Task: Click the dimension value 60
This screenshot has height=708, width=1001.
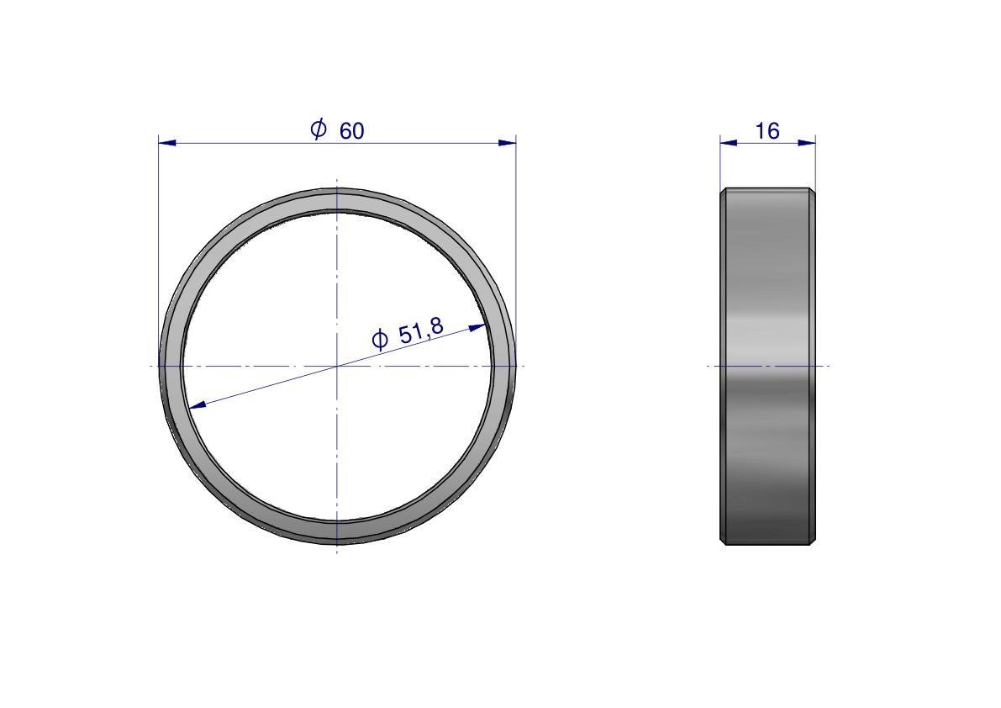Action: pos(352,131)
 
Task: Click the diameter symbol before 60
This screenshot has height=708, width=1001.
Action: pos(319,129)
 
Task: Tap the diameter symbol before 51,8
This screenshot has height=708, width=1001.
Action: pos(380,339)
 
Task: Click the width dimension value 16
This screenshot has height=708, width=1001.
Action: pos(767,131)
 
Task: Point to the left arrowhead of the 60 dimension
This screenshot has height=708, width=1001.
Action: pos(166,142)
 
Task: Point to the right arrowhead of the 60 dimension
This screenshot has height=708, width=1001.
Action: pos(507,142)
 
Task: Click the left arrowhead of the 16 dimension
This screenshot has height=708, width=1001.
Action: pos(729,142)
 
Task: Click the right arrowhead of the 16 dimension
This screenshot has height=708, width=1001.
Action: pos(807,142)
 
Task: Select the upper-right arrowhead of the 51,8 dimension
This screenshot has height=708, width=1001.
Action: pos(477,327)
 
